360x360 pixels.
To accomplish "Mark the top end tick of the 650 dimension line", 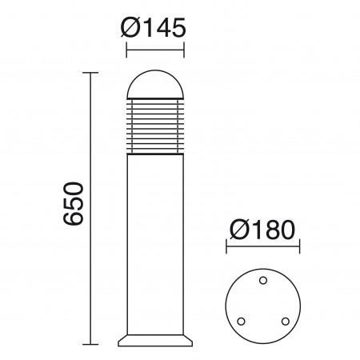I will tap(90, 73).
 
